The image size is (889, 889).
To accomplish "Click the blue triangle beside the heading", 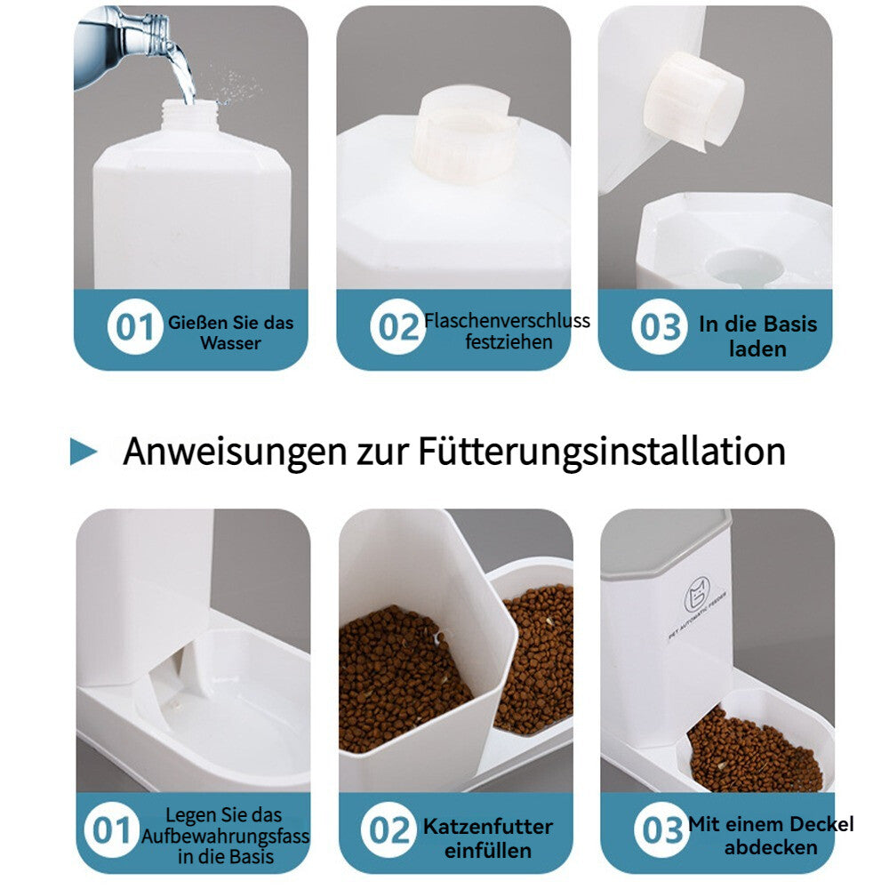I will click(x=83, y=452).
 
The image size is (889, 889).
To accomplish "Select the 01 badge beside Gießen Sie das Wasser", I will click(x=135, y=327).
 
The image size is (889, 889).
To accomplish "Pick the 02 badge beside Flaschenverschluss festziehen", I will click(x=396, y=327).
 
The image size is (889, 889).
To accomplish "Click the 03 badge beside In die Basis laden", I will click(x=659, y=327).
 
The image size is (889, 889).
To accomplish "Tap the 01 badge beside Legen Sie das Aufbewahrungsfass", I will click(x=111, y=831).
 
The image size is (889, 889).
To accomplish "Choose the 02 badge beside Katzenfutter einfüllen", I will click(x=388, y=831).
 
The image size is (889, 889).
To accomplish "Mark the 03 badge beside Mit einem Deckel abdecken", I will click(x=661, y=831).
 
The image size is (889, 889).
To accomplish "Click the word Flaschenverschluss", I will click(x=507, y=320).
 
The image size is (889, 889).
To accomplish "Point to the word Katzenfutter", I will click(x=487, y=827).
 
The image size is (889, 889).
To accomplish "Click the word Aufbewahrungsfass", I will click(x=225, y=836).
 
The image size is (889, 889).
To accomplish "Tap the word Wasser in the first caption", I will click(x=230, y=343).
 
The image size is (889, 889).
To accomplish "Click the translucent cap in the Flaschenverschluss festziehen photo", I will click(x=466, y=142).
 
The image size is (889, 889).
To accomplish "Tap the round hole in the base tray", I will click(x=746, y=265).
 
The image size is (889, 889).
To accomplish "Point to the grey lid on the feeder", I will click(x=667, y=542).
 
